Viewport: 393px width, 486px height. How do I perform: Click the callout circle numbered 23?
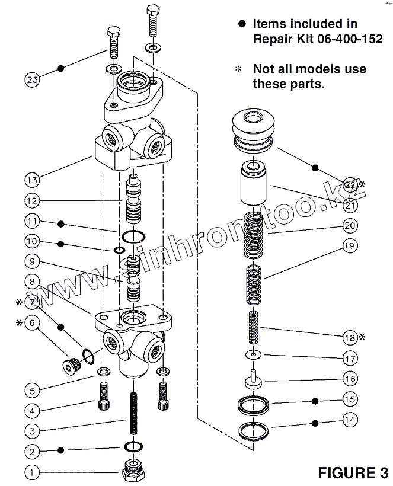33,78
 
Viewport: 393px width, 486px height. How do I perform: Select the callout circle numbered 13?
33,178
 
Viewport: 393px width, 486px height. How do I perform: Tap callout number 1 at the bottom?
33,472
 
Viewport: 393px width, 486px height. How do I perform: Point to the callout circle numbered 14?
350,420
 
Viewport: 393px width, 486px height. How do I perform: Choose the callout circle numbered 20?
350,226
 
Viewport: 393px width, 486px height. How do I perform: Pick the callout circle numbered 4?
33,410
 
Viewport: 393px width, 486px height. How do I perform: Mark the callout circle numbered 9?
33,260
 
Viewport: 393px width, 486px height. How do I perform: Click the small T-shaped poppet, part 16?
254,379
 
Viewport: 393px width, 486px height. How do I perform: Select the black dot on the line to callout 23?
60,69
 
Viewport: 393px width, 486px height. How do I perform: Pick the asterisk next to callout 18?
363,337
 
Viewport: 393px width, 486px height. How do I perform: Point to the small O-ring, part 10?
119,250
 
